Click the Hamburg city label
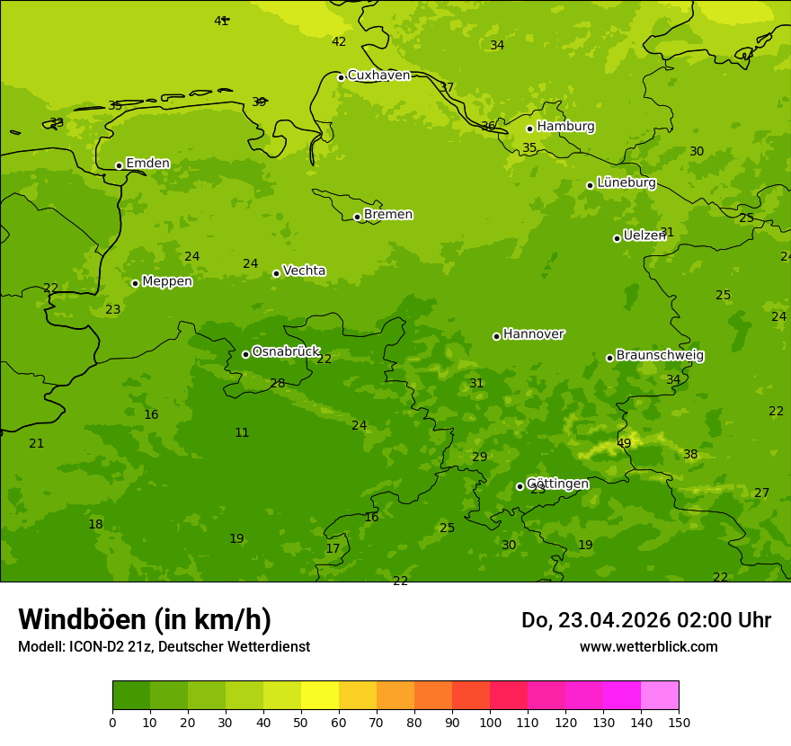565,127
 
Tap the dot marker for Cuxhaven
341,77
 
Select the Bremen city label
387,215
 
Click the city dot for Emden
119,165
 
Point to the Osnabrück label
285,351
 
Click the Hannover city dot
496,336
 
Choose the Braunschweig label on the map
660,356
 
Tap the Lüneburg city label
626,182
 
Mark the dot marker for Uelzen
617,238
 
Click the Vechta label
304,271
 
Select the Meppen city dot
135,283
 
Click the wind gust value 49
624,443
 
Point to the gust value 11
242,432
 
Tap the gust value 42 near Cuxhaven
339,42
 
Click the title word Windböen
82,619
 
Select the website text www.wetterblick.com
648,646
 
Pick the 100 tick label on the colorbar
490,722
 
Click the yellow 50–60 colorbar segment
320,696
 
